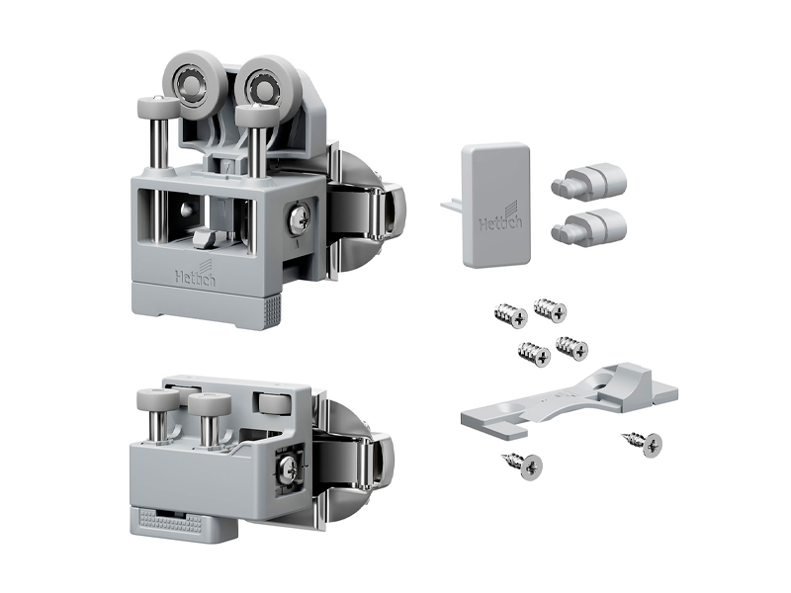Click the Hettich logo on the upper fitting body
coord(196,275)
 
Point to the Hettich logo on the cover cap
coord(501,219)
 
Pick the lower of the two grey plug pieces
coord(589,226)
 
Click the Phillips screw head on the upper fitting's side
coord(298,219)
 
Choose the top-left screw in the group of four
coord(511,315)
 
